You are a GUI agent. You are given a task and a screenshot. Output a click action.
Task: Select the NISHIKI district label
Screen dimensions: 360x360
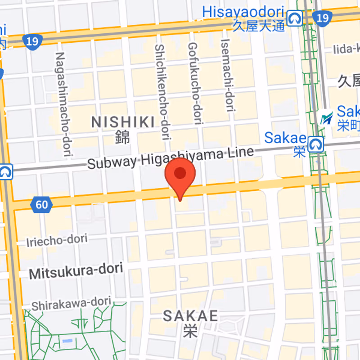pyautogui.click(x=123, y=121)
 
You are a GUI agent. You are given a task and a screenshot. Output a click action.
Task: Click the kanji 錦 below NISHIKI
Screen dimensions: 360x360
pyautogui.click(x=122, y=136)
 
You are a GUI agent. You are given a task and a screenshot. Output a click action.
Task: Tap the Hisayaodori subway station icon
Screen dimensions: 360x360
pyautogui.click(x=295, y=19)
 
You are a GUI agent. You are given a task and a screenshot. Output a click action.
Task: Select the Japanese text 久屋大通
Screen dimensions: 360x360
pyautogui.click(x=259, y=26)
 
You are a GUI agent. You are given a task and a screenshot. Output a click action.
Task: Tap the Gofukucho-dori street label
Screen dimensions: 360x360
pyautogui.click(x=193, y=84)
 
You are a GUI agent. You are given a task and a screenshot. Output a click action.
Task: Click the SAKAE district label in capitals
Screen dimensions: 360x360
pyautogui.click(x=190, y=316)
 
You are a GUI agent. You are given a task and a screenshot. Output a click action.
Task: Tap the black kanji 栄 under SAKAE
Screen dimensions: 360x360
pyautogui.click(x=190, y=332)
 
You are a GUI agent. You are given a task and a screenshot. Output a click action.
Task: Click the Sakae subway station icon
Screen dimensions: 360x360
pyautogui.click(x=317, y=145)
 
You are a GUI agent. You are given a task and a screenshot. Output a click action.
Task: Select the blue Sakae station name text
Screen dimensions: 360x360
pyautogui.click(x=285, y=138)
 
